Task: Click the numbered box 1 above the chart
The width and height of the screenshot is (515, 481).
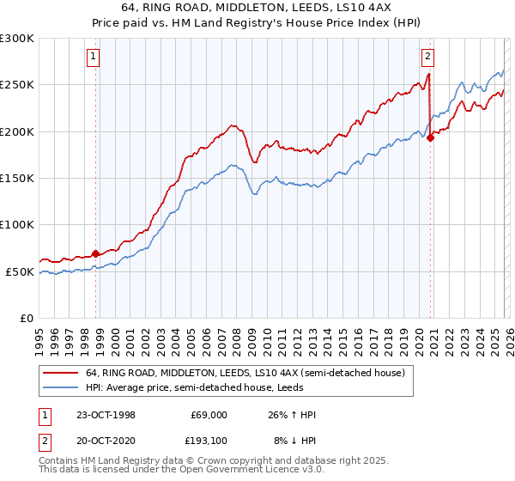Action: [x=92, y=58]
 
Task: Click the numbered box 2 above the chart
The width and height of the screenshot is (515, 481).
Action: [x=427, y=58]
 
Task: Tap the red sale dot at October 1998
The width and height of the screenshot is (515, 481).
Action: [x=96, y=253]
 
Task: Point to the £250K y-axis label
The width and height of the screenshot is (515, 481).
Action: [x=17, y=85]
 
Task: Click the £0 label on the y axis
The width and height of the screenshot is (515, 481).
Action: [x=27, y=318]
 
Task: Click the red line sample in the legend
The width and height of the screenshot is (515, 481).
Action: [x=61, y=373]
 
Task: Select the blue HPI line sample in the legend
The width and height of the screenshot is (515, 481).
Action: [x=61, y=387]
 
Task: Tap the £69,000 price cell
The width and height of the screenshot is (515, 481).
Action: [x=206, y=414]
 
